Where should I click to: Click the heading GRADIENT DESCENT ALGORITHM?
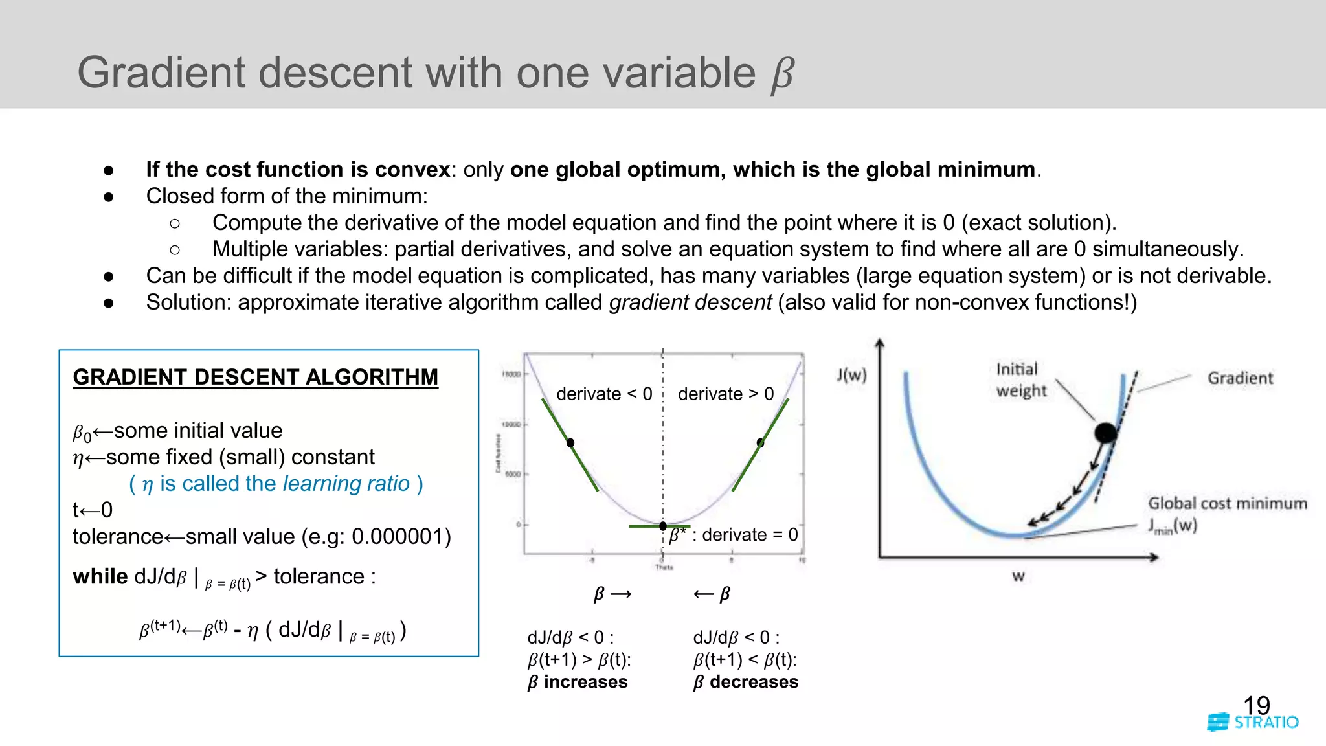pos(255,377)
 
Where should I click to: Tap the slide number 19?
pos(1256,705)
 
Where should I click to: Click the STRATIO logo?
pos(1253,723)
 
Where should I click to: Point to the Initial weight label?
pos(1020,379)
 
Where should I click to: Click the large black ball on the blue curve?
pos(1105,432)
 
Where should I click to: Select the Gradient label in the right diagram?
pos(1240,378)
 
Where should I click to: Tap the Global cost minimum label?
pos(1227,503)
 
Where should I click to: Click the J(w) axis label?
pos(851,375)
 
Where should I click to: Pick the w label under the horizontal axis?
pos(1018,576)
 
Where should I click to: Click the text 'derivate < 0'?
pos(603,394)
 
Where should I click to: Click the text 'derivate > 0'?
pos(725,394)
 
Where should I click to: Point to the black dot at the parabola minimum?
pos(663,526)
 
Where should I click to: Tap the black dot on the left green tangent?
pos(570,443)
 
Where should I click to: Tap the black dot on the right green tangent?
pos(760,443)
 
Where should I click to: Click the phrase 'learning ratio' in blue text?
pos(346,484)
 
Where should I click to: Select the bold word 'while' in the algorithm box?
pos(100,576)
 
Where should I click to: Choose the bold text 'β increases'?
pos(578,682)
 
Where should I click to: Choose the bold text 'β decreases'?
pos(745,682)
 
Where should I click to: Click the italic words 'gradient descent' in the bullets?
pos(690,302)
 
